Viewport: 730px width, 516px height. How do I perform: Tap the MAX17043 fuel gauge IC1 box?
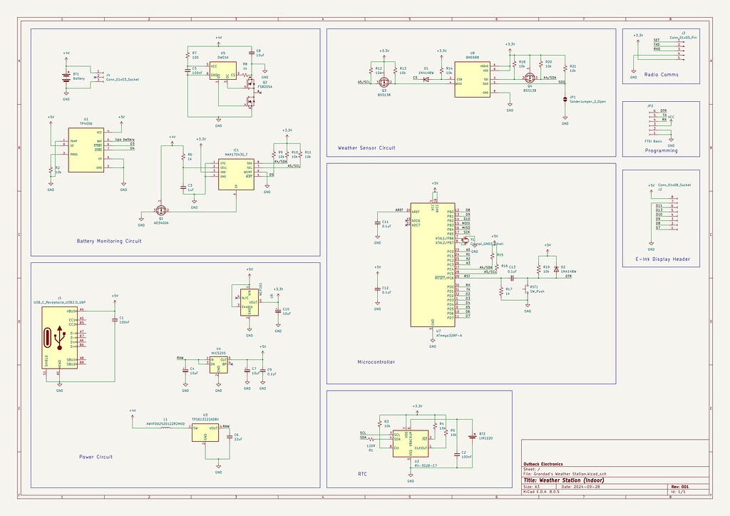point(235,175)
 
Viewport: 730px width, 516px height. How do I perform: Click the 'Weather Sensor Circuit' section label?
point(366,148)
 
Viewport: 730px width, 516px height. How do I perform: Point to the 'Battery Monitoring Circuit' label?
point(109,241)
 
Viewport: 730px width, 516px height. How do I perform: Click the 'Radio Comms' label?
point(661,74)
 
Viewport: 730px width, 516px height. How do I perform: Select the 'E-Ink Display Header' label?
point(661,259)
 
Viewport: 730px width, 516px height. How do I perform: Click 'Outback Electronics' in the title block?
point(543,464)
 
